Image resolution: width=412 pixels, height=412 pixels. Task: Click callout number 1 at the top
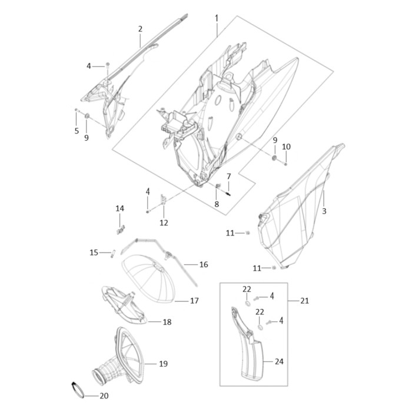point(217,18)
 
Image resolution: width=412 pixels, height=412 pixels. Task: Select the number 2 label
point(140,29)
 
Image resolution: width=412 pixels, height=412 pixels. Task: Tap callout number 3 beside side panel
point(324,211)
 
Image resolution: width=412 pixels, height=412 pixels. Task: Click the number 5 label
point(77,131)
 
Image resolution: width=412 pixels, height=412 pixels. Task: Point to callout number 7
point(228,176)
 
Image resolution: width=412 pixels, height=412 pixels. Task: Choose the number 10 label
point(286,147)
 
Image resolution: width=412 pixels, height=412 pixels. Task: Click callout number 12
point(164,223)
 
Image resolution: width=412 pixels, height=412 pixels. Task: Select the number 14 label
point(120,208)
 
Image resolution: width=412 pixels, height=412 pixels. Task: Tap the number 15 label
point(94,252)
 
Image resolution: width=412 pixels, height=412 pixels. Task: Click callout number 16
point(204,264)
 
